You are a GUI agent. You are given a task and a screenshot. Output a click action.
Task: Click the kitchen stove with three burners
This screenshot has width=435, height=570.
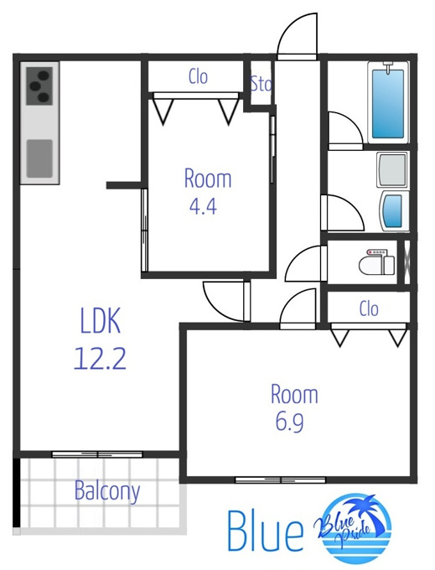[x=39, y=86]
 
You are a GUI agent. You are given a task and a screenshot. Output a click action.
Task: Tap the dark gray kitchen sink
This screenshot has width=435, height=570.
[x=39, y=158]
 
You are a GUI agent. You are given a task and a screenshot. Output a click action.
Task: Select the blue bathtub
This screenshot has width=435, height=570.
[x=388, y=104]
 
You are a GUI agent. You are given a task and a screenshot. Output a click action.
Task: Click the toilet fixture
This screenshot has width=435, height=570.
[x=377, y=262]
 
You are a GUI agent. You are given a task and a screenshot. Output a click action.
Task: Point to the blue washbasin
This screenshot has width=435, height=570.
[x=392, y=211]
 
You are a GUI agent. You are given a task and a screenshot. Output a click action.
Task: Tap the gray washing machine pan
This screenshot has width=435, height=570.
[x=391, y=168]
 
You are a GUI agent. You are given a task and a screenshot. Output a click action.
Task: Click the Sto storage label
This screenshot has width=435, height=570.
[x=261, y=84]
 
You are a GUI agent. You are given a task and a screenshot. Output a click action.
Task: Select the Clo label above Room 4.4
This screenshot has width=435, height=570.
[x=198, y=77]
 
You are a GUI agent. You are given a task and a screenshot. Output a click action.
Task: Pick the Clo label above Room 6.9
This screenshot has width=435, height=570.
[x=369, y=309]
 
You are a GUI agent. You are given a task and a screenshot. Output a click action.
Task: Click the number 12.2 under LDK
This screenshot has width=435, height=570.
[x=100, y=359]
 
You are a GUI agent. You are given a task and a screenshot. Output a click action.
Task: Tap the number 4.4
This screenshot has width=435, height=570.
[x=203, y=206]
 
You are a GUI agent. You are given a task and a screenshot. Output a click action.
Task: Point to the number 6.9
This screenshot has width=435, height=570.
[x=289, y=422]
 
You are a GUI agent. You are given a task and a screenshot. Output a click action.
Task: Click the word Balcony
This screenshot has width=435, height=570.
[x=107, y=491]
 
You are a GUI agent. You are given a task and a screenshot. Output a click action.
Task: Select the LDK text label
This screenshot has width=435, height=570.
[x=100, y=320]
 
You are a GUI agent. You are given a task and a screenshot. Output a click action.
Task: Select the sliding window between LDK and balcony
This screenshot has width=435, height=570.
[x=97, y=454]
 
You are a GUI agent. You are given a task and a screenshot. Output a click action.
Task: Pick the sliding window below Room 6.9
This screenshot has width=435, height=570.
[x=281, y=479]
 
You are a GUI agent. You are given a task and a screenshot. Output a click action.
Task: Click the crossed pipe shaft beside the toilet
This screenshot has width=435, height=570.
[x=407, y=262]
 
